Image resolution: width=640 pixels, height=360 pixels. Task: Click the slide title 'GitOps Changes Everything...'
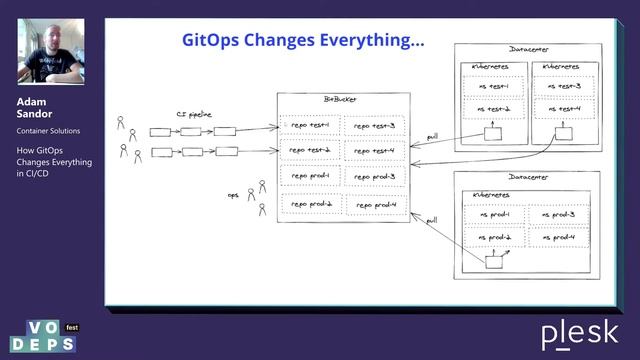302,41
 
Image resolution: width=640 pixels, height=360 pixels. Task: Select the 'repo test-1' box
311,125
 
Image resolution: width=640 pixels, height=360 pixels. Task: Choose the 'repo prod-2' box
311,204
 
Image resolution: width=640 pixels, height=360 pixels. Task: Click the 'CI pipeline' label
196,114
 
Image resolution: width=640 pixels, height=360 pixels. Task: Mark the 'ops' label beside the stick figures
232,195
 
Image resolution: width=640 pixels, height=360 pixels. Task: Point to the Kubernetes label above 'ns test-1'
489,66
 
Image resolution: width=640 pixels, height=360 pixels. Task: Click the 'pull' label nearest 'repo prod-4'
431,219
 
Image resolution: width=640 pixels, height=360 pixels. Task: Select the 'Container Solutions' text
49,131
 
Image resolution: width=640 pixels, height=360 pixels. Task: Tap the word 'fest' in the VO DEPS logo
72,327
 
